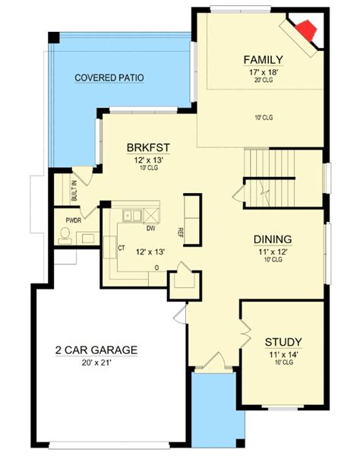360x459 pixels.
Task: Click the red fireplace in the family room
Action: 306,33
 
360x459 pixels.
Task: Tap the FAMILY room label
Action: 264,59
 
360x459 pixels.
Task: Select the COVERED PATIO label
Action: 109,78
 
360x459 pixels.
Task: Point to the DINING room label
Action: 272,239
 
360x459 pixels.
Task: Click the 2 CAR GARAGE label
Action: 96,350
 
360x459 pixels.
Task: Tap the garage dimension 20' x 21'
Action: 96,363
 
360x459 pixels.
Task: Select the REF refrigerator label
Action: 181,233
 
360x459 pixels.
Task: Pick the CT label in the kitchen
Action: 120,247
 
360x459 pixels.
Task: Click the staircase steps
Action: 269,163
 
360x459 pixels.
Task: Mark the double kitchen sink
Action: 132,215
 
